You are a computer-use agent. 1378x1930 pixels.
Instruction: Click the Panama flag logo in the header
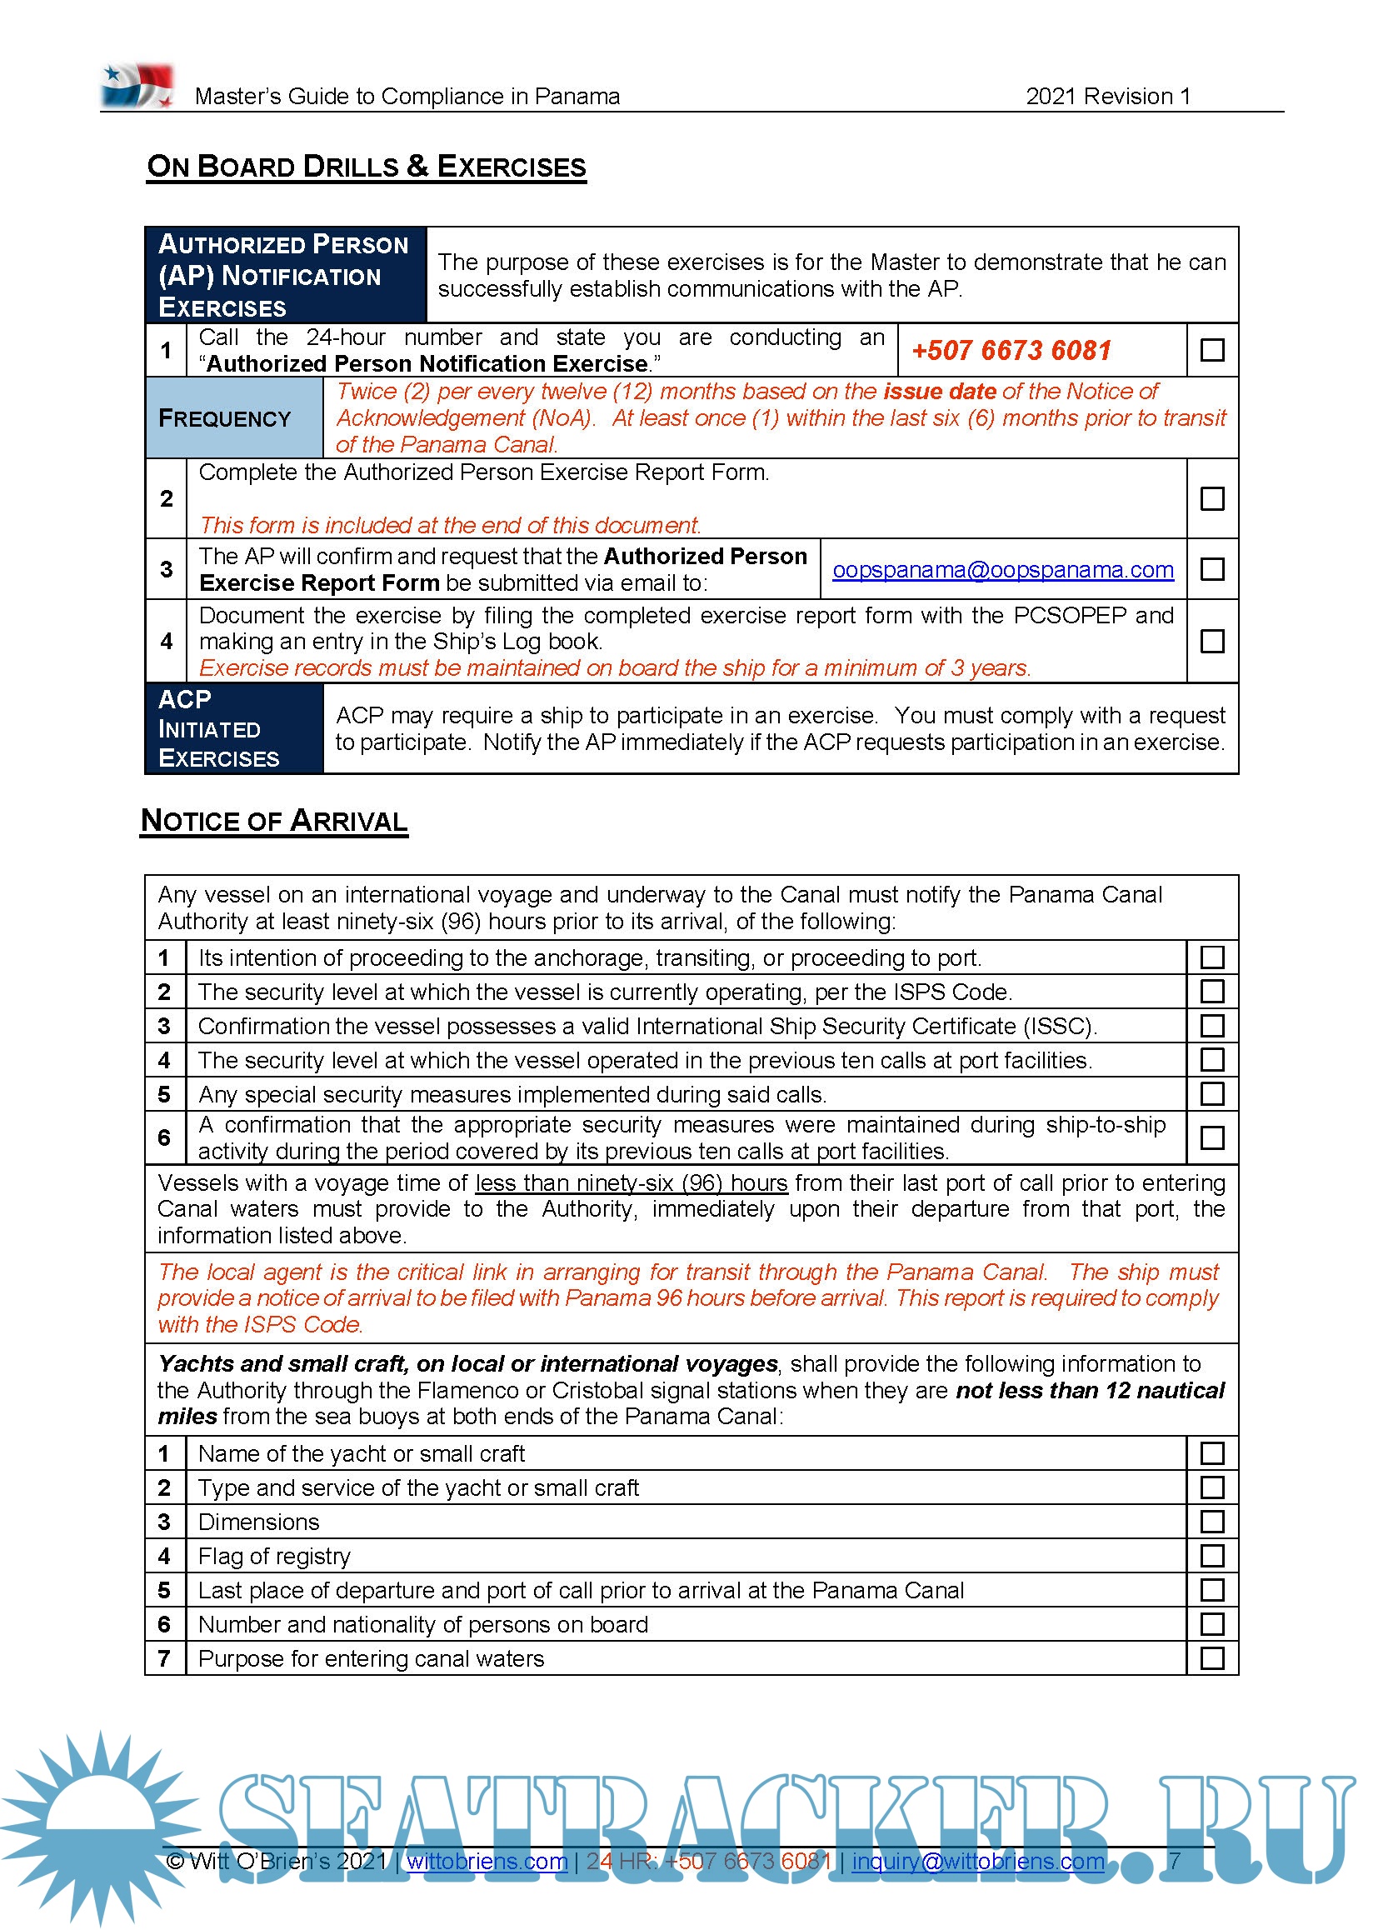click(137, 86)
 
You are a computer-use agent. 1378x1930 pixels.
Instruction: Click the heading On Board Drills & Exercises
click(367, 167)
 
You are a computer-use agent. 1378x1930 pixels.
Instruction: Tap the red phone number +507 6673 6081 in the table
click(1011, 351)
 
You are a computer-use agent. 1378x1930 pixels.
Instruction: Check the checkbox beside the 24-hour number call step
click(1212, 350)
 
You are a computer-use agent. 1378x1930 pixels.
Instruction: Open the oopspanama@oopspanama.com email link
click(1003, 570)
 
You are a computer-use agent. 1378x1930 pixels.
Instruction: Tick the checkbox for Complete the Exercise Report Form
click(1212, 498)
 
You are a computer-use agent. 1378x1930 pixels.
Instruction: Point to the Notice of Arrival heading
click(274, 821)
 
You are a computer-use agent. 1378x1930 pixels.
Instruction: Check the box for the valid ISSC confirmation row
click(1212, 1026)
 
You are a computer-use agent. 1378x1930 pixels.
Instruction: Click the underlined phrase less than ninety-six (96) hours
click(632, 1183)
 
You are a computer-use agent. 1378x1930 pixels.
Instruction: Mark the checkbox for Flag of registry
click(1212, 1556)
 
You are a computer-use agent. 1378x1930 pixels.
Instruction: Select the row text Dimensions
click(259, 1522)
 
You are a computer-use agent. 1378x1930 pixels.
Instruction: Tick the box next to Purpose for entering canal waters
click(1212, 1657)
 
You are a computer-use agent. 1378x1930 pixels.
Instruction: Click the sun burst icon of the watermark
click(100, 1825)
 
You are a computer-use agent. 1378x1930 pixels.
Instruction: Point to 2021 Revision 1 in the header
click(1107, 97)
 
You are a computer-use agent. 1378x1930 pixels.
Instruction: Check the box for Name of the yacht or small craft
click(1212, 1453)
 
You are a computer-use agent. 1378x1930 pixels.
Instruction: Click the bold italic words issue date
click(939, 392)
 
